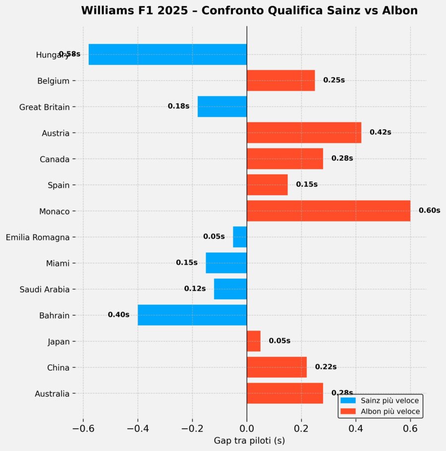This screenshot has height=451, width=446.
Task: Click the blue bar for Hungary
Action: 167,55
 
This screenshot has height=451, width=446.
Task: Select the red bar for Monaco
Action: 328,211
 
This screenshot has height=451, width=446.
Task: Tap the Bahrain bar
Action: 192,315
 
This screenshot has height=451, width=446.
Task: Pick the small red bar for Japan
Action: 253,341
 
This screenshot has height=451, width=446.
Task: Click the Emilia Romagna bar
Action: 240,237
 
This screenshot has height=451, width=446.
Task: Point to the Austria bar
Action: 304,132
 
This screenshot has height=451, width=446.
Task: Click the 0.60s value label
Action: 429,210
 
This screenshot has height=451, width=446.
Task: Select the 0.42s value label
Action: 380,132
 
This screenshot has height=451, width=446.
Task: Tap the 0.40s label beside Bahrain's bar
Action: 118,315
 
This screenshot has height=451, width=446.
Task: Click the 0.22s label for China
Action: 326,367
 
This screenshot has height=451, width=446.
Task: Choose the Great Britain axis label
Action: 44,107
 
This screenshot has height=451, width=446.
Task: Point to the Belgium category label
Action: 53,81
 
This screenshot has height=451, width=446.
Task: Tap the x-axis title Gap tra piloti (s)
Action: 249,440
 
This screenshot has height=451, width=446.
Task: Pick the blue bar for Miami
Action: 226,263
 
